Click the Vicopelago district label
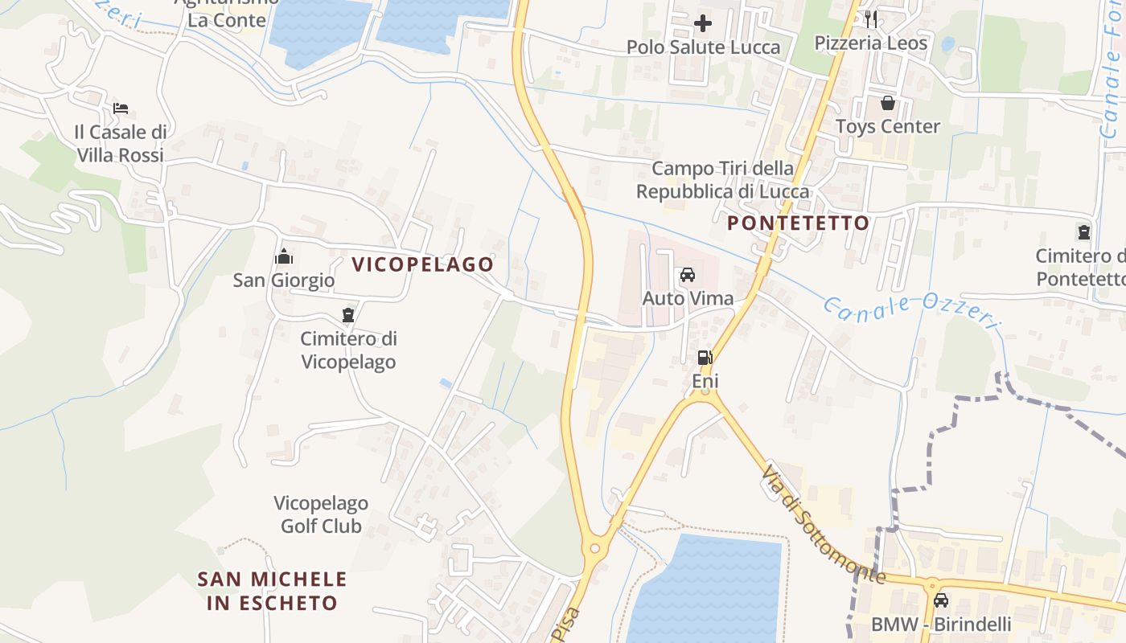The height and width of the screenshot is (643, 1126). (x=422, y=264)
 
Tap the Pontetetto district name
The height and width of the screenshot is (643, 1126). (x=799, y=223)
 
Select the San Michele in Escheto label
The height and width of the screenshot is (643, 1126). (x=273, y=591)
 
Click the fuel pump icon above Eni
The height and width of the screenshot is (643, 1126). (x=705, y=358)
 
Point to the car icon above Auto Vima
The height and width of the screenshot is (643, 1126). (x=688, y=275)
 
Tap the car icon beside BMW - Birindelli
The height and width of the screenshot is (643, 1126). (x=940, y=600)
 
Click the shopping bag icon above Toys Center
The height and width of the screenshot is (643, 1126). (x=887, y=103)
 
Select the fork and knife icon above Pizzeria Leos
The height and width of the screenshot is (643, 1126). (x=871, y=19)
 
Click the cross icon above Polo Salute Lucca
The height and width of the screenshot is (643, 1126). (x=703, y=23)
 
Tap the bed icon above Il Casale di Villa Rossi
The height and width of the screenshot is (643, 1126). (x=121, y=109)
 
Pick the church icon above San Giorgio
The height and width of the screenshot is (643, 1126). (x=283, y=257)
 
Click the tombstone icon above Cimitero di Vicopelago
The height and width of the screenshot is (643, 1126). (x=348, y=315)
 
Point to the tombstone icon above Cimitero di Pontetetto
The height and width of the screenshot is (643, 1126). (x=1084, y=233)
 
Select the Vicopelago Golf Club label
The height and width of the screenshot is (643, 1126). (x=321, y=514)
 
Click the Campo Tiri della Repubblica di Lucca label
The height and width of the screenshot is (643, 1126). (x=722, y=180)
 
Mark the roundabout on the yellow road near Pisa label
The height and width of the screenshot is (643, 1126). (x=595, y=548)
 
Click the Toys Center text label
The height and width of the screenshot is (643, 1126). (x=887, y=126)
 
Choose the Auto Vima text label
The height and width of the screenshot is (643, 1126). (x=688, y=299)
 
